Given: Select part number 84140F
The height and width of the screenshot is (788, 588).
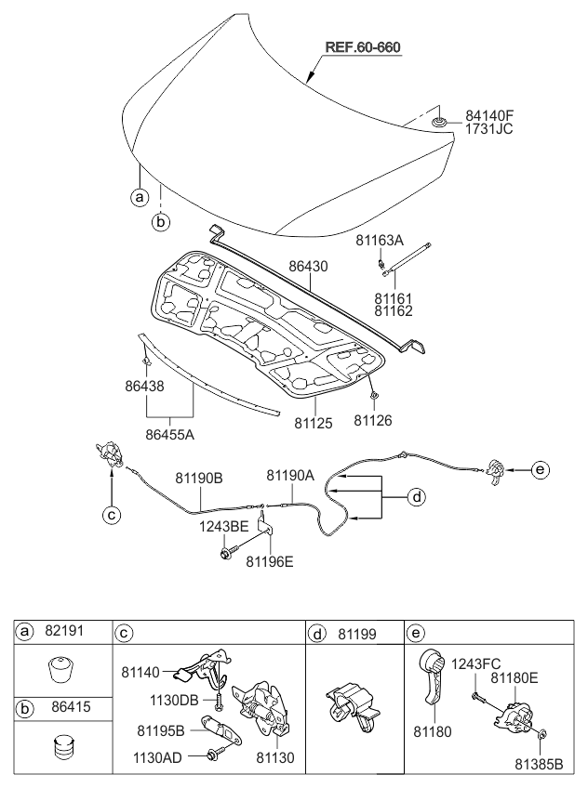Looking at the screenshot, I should pyautogui.click(x=489, y=115).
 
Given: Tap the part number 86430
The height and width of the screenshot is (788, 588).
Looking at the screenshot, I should pyautogui.click(x=307, y=266).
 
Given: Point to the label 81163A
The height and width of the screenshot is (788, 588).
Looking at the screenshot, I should pyautogui.click(x=380, y=241).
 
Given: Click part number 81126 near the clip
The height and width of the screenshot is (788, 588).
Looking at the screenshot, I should pyautogui.click(x=373, y=421).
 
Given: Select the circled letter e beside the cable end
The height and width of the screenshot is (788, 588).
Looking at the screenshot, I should pyautogui.click(x=541, y=470).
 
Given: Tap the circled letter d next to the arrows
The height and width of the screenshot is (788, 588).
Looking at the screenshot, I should pyautogui.click(x=418, y=498).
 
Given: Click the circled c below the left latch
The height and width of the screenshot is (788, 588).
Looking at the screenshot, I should pyautogui.click(x=111, y=512).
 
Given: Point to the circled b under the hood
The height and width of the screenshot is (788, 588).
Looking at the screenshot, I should pyautogui.click(x=160, y=223).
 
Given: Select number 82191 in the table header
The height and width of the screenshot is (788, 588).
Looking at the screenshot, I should pyautogui.click(x=63, y=631).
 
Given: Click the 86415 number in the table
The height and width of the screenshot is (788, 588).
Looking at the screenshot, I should pyautogui.click(x=63, y=707).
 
